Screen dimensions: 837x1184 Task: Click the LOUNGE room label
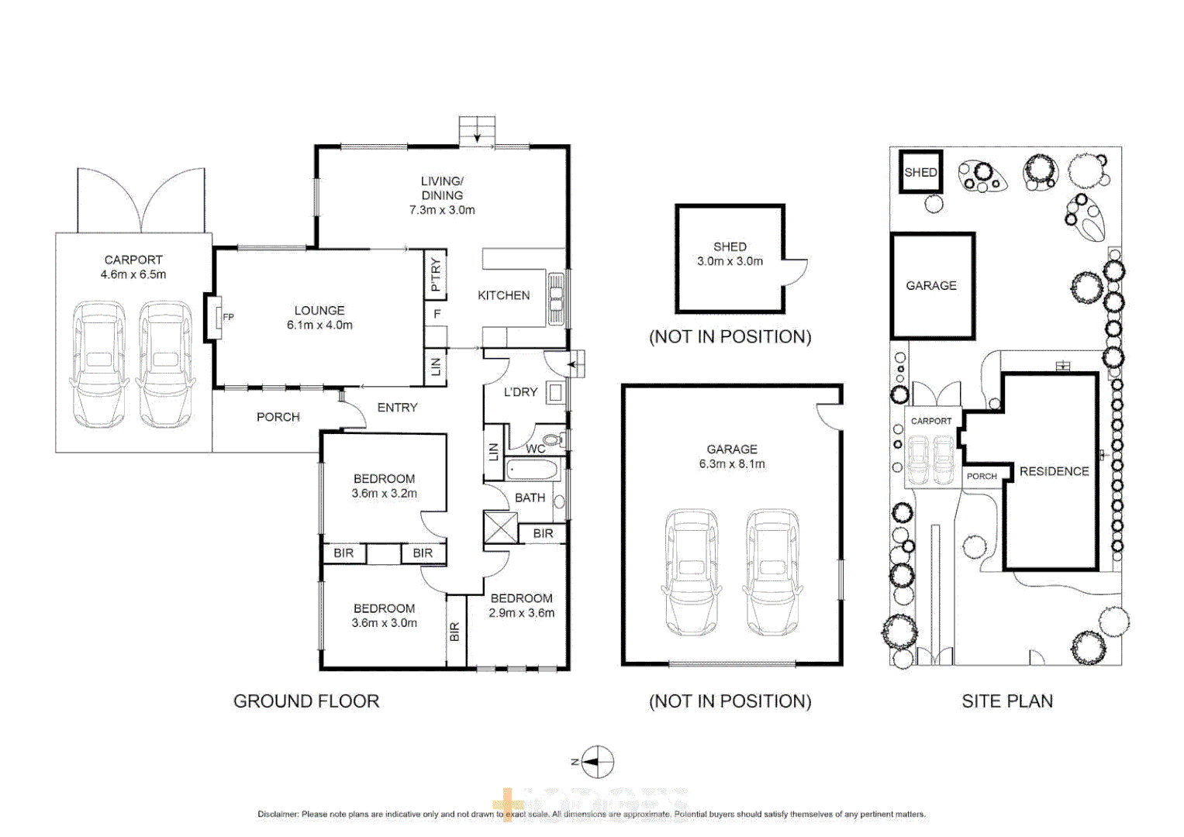(x=319, y=310)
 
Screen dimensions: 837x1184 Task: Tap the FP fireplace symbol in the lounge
(x=216, y=316)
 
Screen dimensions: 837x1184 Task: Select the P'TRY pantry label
(x=436, y=274)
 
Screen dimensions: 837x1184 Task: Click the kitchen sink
(x=556, y=298)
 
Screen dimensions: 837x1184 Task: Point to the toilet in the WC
(x=552, y=440)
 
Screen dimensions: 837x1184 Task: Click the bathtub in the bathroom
(x=532, y=470)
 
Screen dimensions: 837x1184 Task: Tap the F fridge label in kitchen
(x=437, y=314)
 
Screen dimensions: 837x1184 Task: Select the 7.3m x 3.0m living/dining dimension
(x=442, y=210)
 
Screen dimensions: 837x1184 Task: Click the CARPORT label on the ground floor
(x=133, y=260)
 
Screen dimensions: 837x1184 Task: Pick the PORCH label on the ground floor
(x=278, y=417)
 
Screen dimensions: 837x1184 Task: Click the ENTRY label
(x=397, y=408)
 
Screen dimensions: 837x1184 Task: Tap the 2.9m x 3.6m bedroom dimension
(x=521, y=613)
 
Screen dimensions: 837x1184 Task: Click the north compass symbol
(x=597, y=762)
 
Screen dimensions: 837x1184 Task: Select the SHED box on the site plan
(x=920, y=172)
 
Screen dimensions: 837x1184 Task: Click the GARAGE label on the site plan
(x=931, y=285)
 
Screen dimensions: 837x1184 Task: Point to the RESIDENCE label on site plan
(x=1054, y=471)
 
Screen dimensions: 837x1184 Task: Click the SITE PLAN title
(x=1007, y=701)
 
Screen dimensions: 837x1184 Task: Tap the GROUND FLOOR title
(x=306, y=701)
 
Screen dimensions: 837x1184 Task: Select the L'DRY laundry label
(x=520, y=392)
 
